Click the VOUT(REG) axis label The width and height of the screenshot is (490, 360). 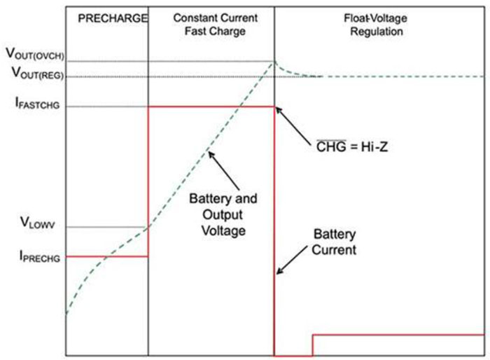(x=34, y=71)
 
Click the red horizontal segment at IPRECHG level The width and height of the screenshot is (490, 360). (x=106, y=256)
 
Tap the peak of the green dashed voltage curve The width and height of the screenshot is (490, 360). (x=274, y=62)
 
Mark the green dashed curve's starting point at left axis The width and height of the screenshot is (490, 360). (x=66, y=312)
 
